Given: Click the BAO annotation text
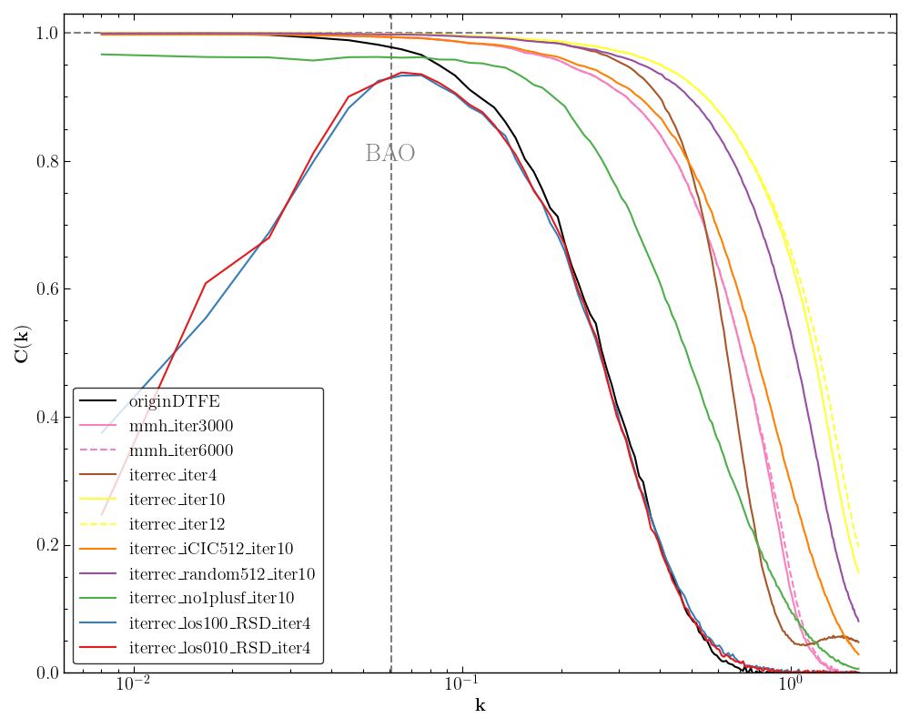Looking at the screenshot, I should click(389, 154).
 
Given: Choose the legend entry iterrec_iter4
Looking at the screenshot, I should click(173, 475).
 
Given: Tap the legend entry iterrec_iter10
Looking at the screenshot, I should click(177, 500).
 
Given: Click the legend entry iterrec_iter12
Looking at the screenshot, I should click(177, 524).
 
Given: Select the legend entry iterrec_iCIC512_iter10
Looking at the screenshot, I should click(210, 549).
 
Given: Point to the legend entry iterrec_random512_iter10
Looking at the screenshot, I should click(222, 574).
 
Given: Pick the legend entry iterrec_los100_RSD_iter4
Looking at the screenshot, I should click(219, 623).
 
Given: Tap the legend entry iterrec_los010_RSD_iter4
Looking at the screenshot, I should click(219, 648).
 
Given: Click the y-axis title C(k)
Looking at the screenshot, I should click(21, 343).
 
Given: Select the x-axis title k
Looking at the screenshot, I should click(480, 706).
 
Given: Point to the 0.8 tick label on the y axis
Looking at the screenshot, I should click(45, 161).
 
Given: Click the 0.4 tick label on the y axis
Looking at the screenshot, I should click(45, 418).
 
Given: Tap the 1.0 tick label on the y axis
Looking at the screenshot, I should click(45, 34).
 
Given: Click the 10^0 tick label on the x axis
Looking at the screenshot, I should click(790, 685).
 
